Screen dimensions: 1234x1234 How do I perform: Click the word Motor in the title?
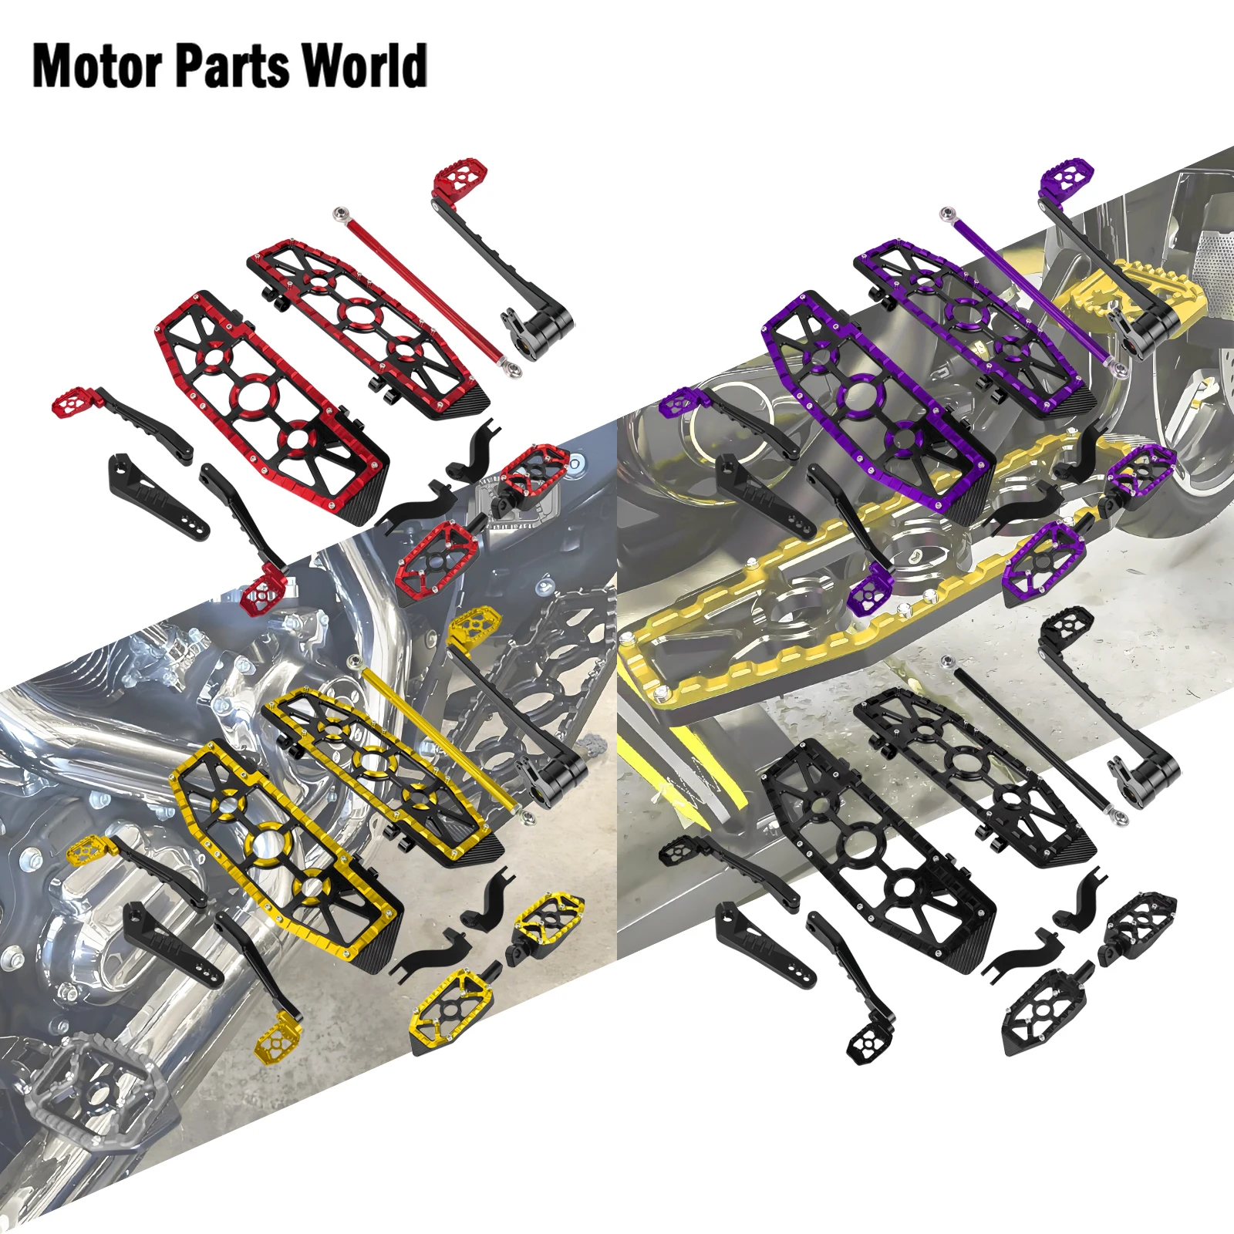[97, 66]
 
